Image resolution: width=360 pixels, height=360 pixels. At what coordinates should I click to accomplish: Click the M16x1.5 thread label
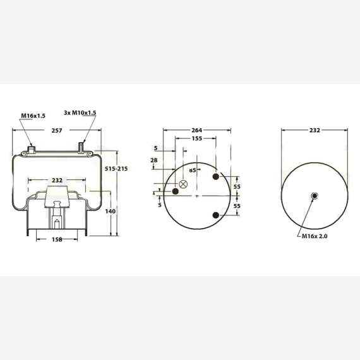click(x=33, y=116)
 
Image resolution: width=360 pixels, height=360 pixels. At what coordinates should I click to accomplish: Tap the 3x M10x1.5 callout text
click(x=80, y=112)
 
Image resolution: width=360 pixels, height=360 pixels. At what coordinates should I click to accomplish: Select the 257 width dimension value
click(x=57, y=130)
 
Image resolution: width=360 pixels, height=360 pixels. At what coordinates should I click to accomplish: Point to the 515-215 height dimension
click(x=116, y=169)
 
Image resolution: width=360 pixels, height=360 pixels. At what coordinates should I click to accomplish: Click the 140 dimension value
click(x=111, y=211)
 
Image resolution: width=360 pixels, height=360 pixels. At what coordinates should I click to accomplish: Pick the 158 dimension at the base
click(x=57, y=239)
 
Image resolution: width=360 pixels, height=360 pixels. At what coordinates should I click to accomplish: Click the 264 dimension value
click(x=197, y=130)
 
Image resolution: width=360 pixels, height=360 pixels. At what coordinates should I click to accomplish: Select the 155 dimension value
click(x=197, y=138)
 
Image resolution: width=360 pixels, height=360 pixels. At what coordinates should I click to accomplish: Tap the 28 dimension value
click(x=154, y=160)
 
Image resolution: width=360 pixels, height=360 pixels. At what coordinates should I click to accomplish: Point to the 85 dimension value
click(x=193, y=170)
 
